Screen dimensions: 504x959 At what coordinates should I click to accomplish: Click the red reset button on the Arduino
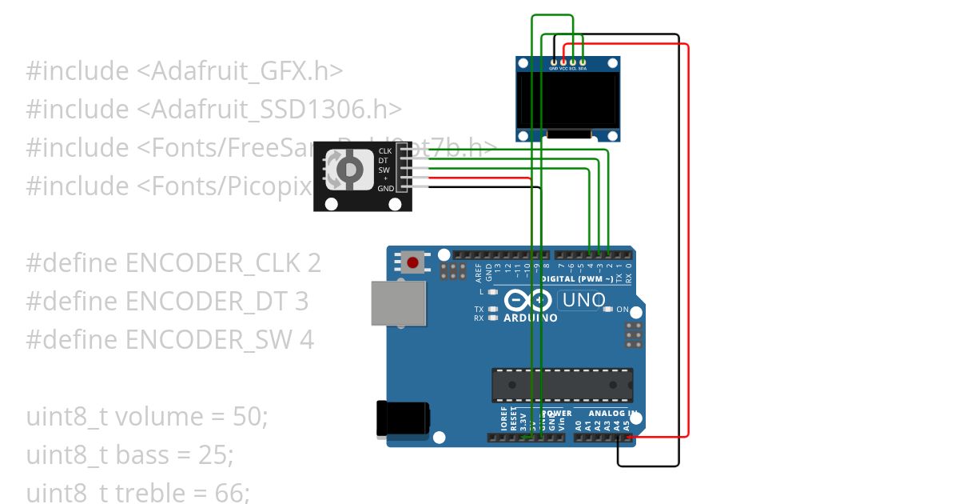click(413, 262)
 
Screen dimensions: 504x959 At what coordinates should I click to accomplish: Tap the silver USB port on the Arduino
click(398, 304)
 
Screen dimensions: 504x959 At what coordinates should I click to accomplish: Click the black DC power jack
click(402, 420)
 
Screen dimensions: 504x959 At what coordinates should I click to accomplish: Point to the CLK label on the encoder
click(385, 150)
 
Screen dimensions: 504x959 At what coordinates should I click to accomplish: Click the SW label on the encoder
click(384, 170)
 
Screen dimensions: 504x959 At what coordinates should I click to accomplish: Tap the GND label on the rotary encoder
click(385, 189)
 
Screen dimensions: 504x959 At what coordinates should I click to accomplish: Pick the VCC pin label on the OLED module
click(563, 69)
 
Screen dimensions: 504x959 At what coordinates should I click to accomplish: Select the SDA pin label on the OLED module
click(583, 69)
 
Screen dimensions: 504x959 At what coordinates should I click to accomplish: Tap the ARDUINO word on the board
click(530, 318)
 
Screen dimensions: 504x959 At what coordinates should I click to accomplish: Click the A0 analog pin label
click(579, 425)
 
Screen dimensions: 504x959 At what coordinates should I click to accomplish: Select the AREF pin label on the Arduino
click(478, 271)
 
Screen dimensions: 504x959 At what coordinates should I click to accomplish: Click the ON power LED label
click(623, 310)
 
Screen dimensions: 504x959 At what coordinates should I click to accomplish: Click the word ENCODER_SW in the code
click(201, 340)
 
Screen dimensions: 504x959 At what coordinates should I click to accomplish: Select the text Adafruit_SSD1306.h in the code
click(276, 110)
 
